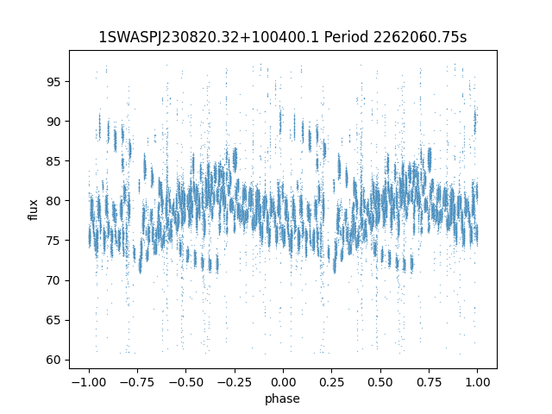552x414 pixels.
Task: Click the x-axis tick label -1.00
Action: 88,382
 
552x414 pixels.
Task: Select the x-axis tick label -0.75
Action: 136,382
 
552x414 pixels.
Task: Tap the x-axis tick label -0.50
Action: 185,382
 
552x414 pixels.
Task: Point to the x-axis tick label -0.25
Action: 234,382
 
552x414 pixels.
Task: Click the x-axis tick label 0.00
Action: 283,382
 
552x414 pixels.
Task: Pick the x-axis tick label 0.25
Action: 331,382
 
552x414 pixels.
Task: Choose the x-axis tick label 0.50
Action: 380,382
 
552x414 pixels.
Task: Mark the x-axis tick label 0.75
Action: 429,382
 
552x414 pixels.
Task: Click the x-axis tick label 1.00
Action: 478,382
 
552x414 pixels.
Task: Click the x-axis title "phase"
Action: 283,398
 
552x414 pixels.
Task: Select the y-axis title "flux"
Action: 33,210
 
